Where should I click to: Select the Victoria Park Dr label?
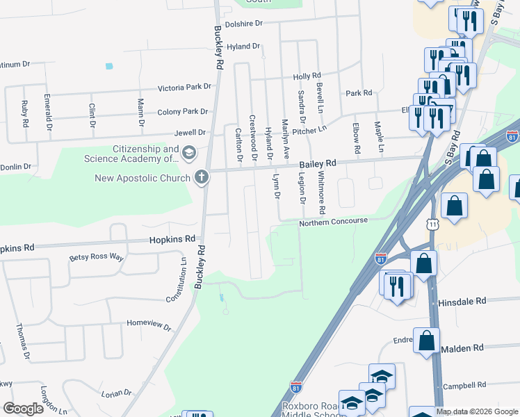click(184, 88)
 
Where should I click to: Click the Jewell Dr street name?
click(192, 132)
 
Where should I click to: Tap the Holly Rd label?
click(307, 76)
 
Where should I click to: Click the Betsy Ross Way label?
click(96, 257)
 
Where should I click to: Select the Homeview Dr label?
click(149, 324)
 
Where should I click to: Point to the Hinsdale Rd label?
click(461, 303)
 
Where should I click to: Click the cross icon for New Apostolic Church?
click(202, 177)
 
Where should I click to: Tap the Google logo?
click(24, 409)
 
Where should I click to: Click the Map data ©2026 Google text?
click(477, 411)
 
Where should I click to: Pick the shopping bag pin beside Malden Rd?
click(426, 340)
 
